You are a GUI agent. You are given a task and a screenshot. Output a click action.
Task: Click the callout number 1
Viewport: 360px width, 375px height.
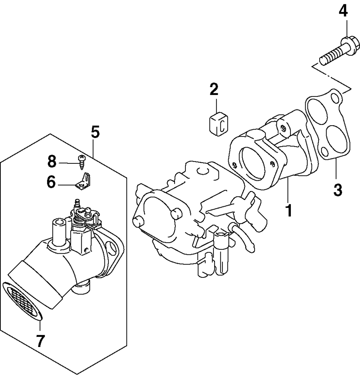pos(288,210)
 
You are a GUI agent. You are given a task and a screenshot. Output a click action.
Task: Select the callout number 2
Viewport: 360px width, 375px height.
pos(214,89)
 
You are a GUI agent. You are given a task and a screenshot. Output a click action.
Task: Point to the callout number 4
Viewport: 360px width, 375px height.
pos(343,12)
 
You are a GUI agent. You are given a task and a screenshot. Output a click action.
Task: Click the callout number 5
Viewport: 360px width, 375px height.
pos(95,132)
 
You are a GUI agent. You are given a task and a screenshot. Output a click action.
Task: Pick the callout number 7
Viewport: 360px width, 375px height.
pos(40,340)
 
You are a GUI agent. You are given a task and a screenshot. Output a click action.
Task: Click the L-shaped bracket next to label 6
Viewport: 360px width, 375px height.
pos(84,181)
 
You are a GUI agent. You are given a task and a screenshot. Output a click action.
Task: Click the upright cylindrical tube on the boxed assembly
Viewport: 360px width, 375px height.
pos(59,233)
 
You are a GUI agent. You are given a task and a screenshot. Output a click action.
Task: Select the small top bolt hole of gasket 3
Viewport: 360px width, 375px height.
pos(336,98)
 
